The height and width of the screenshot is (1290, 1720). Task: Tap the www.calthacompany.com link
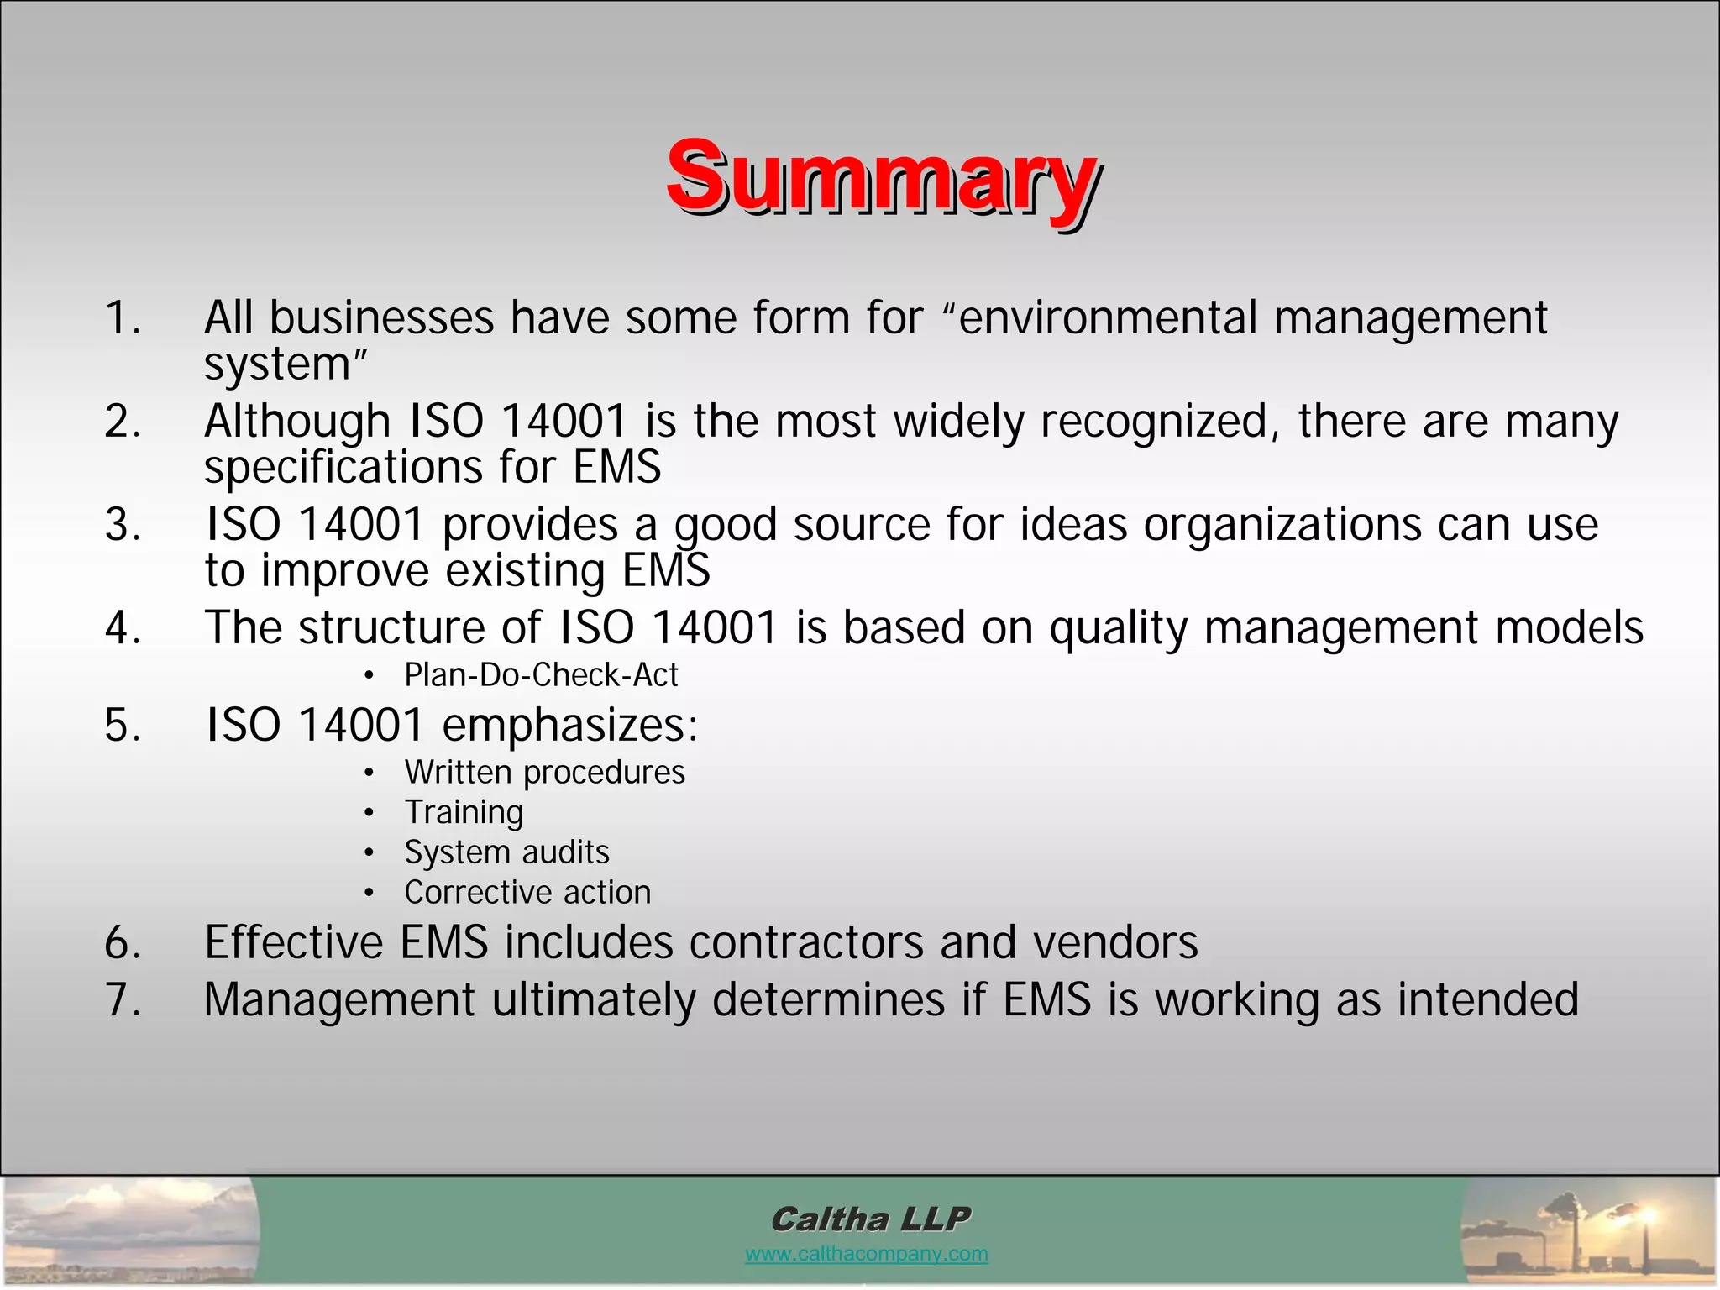coord(866,1254)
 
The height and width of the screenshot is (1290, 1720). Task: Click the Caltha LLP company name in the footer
coord(870,1219)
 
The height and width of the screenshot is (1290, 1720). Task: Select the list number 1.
coord(123,317)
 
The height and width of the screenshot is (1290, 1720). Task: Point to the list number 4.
coord(123,627)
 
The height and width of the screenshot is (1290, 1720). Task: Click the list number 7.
coord(123,999)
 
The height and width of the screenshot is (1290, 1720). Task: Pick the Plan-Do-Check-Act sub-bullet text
coord(541,674)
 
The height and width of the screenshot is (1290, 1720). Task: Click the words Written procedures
coord(544,773)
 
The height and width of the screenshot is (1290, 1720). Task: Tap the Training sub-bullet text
coord(464,812)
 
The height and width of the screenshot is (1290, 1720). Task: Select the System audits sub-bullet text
coord(506,852)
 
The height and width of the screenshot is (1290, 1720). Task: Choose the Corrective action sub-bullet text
coord(527,892)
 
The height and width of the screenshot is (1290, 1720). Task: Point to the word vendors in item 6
coord(1115,942)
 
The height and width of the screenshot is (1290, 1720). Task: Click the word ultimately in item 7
coord(594,1000)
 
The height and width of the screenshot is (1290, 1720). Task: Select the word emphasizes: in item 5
coord(570,725)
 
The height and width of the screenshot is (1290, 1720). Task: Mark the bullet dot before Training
coord(369,813)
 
